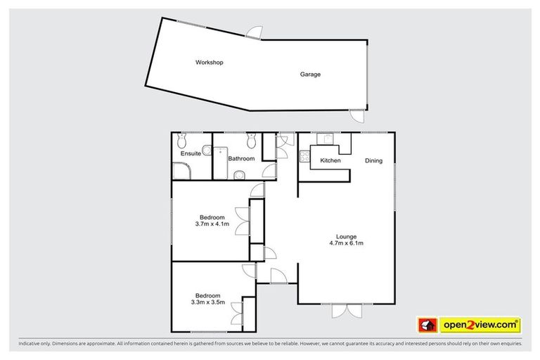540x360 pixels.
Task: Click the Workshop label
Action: point(209,63)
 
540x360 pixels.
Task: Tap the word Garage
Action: point(310,74)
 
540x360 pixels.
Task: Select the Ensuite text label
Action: point(191,153)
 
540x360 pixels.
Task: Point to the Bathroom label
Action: point(240,159)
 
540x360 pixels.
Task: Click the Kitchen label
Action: point(330,161)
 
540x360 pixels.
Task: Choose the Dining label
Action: point(373,161)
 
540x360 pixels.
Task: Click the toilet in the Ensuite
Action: point(183,139)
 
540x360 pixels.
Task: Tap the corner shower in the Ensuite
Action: point(181,169)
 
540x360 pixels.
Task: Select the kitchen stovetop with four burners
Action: point(306,157)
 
